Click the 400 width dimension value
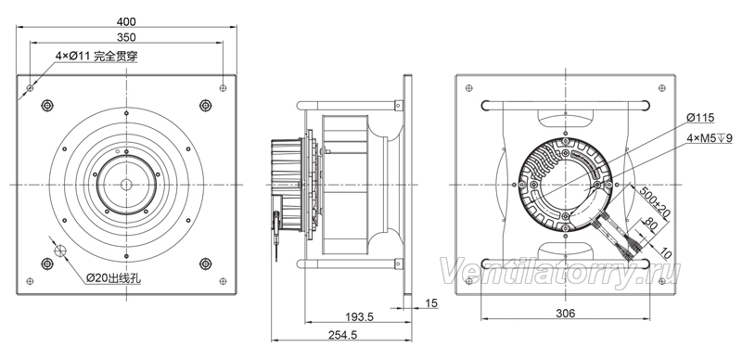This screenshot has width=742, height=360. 126,21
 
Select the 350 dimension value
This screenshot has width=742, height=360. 126,37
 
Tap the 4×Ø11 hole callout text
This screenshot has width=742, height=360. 96,56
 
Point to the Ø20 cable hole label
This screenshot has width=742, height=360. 113,278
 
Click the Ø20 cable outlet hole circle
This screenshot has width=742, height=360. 60,251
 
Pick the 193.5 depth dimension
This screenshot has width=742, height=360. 359,317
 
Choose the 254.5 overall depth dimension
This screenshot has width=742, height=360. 342,334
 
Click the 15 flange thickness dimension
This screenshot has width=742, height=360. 431,303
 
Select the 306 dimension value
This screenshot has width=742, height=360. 565,313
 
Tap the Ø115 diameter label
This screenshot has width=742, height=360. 700,118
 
